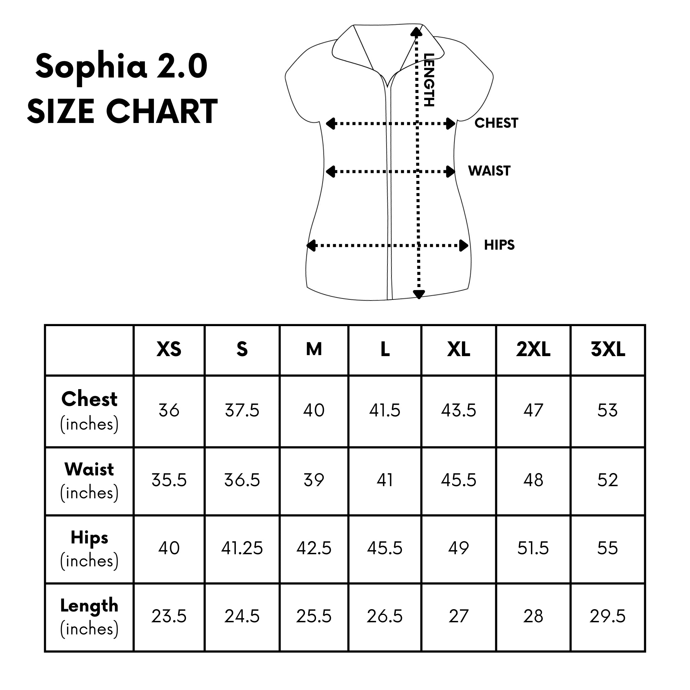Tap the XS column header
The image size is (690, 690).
coord(169,349)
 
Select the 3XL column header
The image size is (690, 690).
coord(608,349)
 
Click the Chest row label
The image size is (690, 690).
coord(89,399)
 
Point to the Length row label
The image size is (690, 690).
coord(89,606)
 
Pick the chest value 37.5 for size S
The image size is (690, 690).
coord(242,410)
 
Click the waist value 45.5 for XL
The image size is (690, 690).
coord(459,480)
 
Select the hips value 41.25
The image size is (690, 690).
coord(242,548)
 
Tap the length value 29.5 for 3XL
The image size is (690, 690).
coord(607,617)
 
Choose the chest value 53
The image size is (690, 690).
coord(607,410)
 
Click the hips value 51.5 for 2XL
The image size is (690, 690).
coord(533,548)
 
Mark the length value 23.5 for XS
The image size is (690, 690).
coord(169,617)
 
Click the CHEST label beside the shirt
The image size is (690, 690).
coord(496,123)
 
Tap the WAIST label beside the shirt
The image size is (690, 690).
coord(489,171)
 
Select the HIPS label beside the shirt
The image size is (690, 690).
coord(499,245)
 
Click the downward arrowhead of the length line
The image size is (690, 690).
coord(418,294)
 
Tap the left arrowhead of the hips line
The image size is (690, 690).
coord(311,246)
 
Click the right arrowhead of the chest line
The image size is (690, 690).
coord(451,124)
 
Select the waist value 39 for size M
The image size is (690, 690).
coord(314,480)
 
